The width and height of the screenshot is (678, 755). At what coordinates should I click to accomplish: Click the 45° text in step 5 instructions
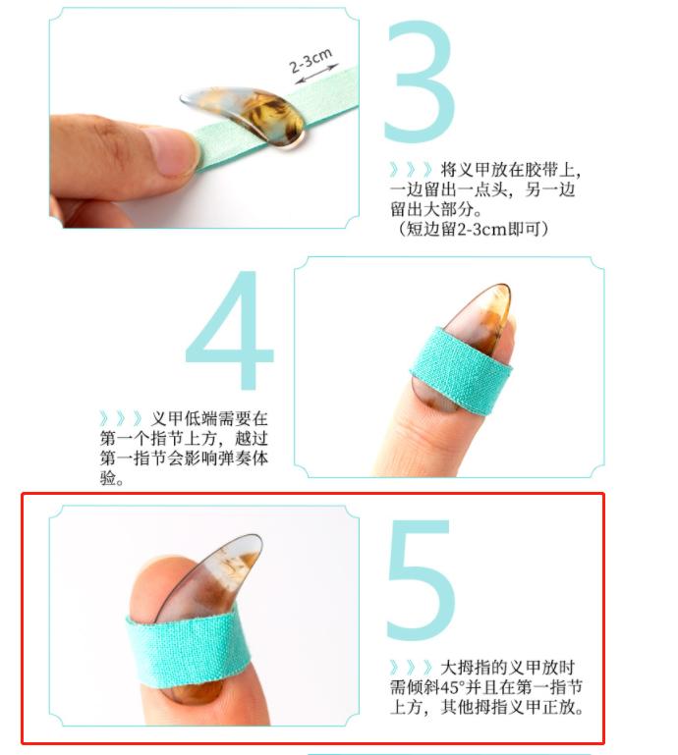tap(456, 687)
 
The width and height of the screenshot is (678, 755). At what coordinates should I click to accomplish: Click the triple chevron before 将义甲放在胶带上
tap(412, 169)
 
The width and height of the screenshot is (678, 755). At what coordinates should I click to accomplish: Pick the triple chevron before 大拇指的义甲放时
tap(412, 668)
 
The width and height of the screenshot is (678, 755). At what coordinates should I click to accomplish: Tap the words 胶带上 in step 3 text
tap(555, 169)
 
